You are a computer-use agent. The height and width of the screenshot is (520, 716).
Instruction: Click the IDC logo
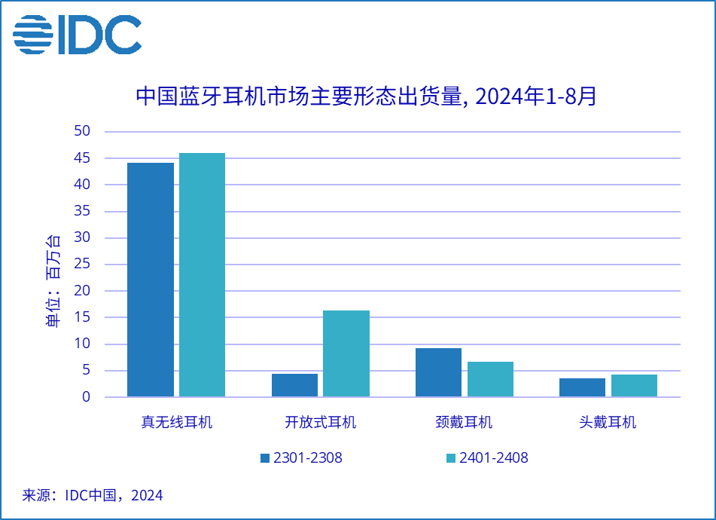[77, 35]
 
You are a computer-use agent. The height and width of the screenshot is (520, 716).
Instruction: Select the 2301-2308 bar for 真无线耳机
[151, 280]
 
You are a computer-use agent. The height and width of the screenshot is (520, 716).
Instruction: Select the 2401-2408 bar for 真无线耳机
[202, 274]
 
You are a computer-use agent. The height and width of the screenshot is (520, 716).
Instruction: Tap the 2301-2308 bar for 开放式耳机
[294, 385]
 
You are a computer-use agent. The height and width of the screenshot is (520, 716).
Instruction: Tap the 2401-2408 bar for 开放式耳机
[346, 353]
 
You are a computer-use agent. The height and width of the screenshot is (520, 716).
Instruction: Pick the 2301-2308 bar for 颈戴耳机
[438, 372]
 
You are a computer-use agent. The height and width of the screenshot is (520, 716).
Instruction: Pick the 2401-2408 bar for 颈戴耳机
[490, 379]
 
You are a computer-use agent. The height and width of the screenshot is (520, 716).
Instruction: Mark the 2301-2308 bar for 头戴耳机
[582, 387]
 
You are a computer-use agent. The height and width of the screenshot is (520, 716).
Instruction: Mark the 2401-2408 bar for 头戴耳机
[634, 385]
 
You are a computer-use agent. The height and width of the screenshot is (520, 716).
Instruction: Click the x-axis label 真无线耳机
[177, 422]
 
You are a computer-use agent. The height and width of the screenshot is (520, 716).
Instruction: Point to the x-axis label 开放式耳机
[321, 422]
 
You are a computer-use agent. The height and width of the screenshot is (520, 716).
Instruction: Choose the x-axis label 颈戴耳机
[465, 422]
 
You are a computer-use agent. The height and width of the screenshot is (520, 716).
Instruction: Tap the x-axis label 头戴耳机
[608, 422]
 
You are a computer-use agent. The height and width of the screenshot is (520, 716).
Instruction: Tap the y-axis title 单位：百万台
[53, 281]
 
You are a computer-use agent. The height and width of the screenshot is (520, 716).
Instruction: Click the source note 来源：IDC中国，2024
[93, 495]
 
